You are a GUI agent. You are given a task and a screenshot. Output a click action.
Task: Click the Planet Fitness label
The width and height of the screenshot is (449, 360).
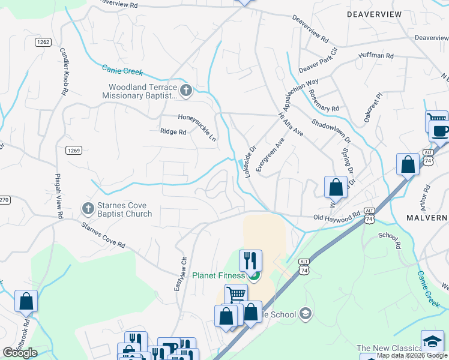click(x=218, y=276)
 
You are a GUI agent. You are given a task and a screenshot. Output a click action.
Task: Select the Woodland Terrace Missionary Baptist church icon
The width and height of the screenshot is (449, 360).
click(x=185, y=91)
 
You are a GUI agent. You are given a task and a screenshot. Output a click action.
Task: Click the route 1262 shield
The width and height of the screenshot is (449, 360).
click(x=42, y=41)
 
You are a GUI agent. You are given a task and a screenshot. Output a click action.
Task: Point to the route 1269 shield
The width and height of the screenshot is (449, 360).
click(x=74, y=151)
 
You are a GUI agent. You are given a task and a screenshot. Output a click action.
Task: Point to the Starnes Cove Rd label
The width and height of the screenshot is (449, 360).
click(x=104, y=235)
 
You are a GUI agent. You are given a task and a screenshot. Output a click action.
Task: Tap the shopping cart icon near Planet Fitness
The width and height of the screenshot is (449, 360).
click(x=236, y=294)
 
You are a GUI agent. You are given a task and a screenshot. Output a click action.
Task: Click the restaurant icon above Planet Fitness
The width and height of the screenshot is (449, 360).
click(x=250, y=260)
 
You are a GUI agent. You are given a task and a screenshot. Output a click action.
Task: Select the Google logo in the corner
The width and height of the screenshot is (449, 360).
click(x=20, y=353)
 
